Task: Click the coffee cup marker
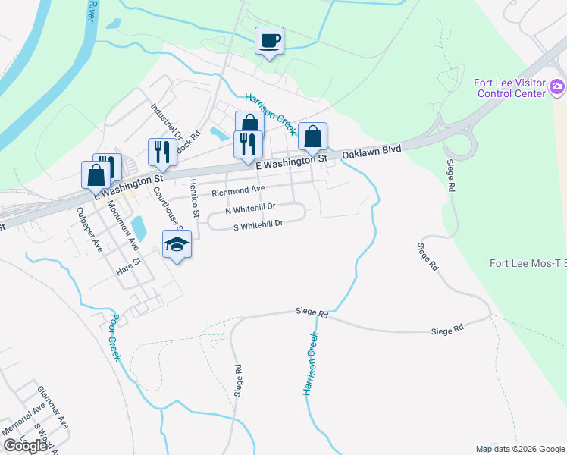point(269,41)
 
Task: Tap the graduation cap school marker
point(177,245)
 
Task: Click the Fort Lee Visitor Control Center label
point(510,88)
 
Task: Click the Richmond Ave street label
point(238,190)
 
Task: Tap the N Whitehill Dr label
point(249,207)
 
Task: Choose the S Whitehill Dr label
point(257,224)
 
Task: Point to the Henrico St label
point(195,198)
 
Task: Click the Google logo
point(25,446)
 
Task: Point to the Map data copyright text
point(520,449)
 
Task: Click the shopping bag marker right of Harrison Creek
point(312,137)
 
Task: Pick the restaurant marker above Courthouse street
point(161,152)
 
